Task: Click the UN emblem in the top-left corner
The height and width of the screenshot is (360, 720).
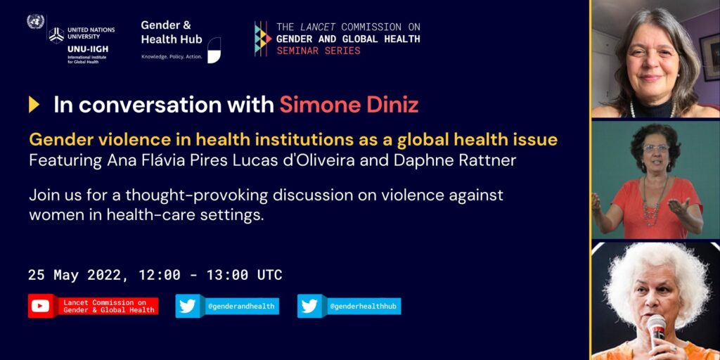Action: (x=35, y=22)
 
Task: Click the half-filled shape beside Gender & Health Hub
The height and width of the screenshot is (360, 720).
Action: (x=214, y=50)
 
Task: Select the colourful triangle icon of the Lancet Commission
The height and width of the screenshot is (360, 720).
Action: (x=263, y=39)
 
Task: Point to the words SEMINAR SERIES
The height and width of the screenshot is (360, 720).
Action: (x=319, y=51)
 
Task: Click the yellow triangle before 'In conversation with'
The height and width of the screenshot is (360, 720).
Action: (x=34, y=104)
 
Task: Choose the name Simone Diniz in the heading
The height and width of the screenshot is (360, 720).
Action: (x=349, y=105)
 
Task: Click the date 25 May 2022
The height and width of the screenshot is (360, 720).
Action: (x=73, y=275)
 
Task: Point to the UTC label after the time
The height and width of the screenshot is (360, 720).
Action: (x=269, y=275)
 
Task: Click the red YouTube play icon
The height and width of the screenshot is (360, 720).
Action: (x=40, y=306)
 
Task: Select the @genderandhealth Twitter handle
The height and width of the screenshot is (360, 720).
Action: (x=241, y=307)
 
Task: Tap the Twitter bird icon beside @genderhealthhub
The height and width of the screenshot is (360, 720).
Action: (x=309, y=306)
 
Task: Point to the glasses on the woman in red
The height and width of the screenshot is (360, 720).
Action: (x=655, y=148)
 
